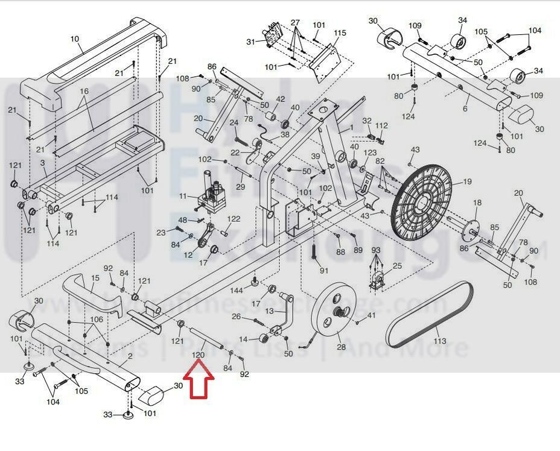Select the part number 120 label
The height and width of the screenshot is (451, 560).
[x=198, y=356]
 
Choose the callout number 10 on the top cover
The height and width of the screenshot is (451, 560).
[x=75, y=39]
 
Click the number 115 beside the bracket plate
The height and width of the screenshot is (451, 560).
[x=340, y=33]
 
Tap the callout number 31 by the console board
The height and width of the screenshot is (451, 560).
[x=251, y=42]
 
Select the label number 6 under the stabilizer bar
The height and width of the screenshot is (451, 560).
[x=465, y=109]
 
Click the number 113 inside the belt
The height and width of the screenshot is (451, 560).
[x=440, y=341]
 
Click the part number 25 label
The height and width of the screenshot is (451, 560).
[x=396, y=266]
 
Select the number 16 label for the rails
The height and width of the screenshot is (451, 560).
[x=83, y=91]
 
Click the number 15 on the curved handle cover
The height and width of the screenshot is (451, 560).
[x=95, y=279]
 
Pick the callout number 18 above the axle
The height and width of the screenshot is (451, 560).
[x=477, y=203]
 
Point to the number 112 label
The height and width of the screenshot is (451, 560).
[x=381, y=125]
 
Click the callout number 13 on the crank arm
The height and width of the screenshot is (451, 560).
[x=269, y=311]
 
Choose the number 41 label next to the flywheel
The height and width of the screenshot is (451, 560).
[x=371, y=315]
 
